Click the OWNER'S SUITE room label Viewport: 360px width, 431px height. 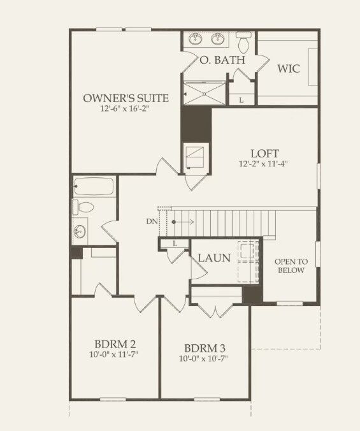(x=126, y=98)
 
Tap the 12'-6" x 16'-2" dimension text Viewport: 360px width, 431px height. (x=126, y=109)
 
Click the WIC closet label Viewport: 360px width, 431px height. (x=288, y=69)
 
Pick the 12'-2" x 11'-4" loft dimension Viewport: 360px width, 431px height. (x=261, y=164)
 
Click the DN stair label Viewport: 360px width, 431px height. (x=151, y=221)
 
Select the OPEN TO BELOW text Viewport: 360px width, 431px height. (x=290, y=266)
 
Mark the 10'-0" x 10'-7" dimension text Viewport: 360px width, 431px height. (x=203, y=359)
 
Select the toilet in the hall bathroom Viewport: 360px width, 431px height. (x=83, y=207)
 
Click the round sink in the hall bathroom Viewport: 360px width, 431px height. (x=80, y=230)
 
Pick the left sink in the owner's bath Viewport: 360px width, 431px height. (x=195, y=40)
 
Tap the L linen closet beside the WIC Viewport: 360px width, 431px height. (x=241, y=99)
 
